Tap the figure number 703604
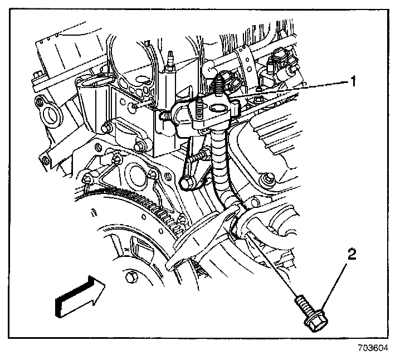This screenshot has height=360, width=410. coord(373,349)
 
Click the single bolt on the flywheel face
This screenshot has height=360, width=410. coord(129,277)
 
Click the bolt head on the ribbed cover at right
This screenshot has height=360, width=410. coord(270,180)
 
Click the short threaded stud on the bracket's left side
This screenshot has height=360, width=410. coord(163,115)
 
